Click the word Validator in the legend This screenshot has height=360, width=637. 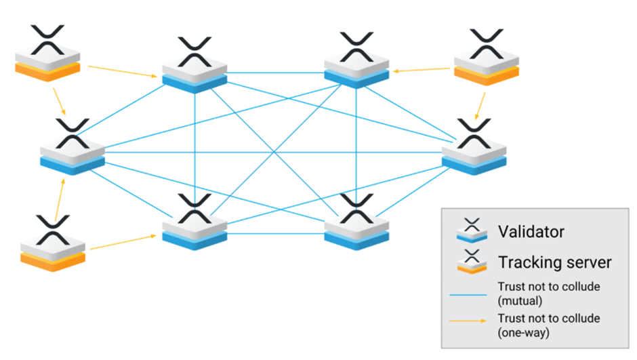[x=531, y=232]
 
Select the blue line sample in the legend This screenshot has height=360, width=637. [x=470, y=294]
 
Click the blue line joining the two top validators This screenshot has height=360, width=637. [x=276, y=73]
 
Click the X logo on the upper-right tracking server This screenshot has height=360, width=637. [x=486, y=45]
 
